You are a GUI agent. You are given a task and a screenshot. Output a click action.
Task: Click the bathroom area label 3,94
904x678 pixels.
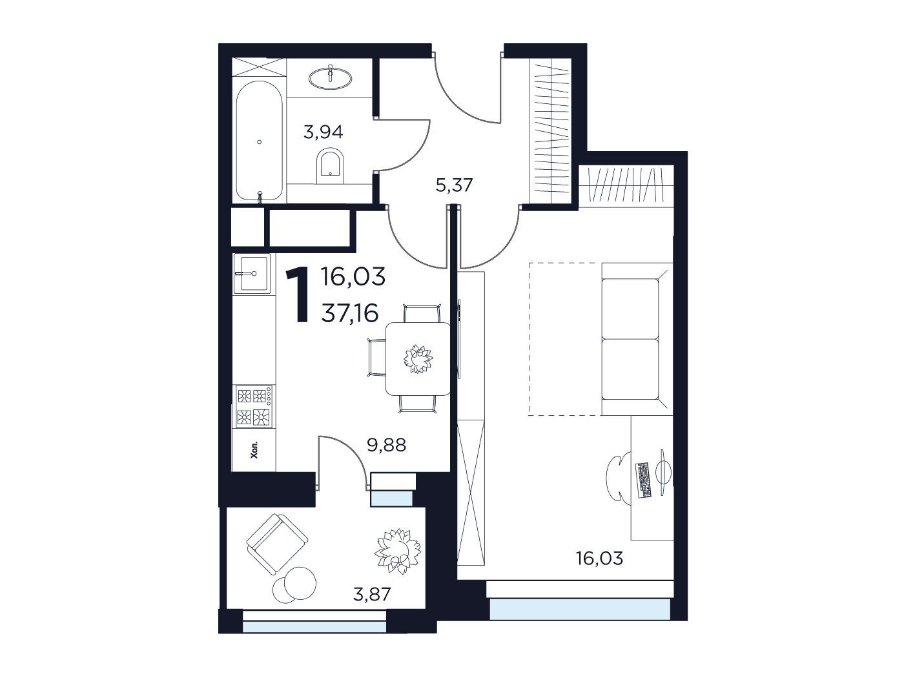[x=324, y=132]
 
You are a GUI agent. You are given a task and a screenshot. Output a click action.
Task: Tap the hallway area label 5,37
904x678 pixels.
[x=455, y=185]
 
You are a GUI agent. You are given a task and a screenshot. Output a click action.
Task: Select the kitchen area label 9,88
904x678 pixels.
[x=386, y=445]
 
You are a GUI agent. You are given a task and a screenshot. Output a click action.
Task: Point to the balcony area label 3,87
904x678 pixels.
[x=372, y=594]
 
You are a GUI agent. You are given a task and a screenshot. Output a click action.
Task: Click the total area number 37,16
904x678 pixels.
[x=350, y=314]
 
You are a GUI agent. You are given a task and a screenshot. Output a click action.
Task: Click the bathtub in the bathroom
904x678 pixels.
[x=260, y=141]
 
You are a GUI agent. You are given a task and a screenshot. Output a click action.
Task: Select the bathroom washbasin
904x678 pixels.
[x=331, y=77]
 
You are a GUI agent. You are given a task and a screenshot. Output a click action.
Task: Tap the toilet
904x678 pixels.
[x=331, y=166]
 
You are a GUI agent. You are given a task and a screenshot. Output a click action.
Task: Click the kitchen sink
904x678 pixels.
[x=252, y=273]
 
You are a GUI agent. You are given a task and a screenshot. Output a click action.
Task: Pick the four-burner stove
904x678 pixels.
[x=254, y=406]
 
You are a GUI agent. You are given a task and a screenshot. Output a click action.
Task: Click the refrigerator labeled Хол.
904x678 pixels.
[x=254, y=449]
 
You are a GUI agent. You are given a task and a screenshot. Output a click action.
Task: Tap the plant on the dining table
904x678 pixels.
[x=418, y=358]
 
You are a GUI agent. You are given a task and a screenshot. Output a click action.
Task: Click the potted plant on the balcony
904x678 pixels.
[x=397, y=551]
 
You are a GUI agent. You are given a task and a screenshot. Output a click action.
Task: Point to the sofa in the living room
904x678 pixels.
[x=637, y=339]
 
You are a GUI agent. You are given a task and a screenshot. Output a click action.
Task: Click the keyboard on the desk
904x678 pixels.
[x=643, y=480]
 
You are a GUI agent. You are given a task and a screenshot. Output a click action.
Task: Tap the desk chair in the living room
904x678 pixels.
[x=619, y=478]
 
